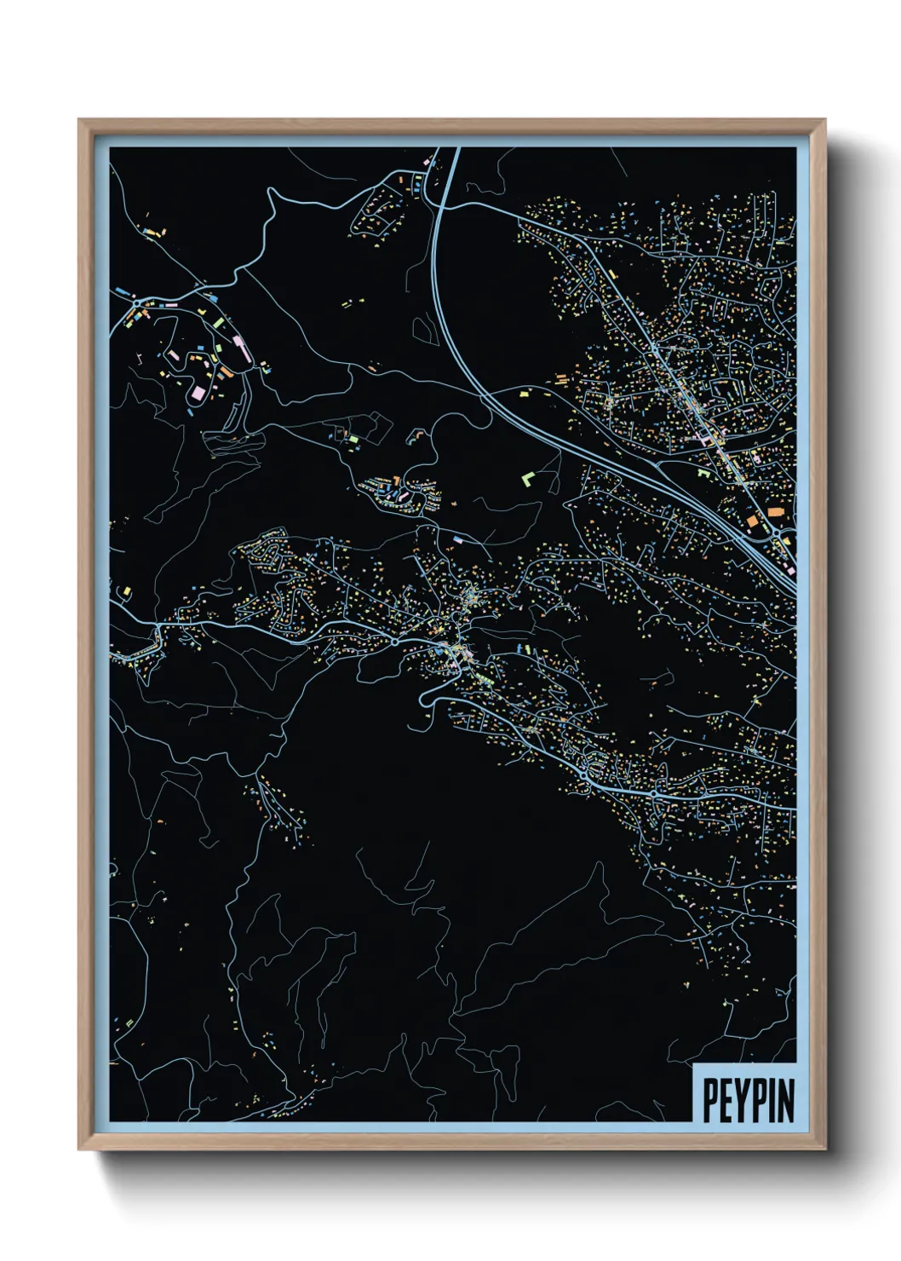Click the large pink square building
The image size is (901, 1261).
pos(199,393)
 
